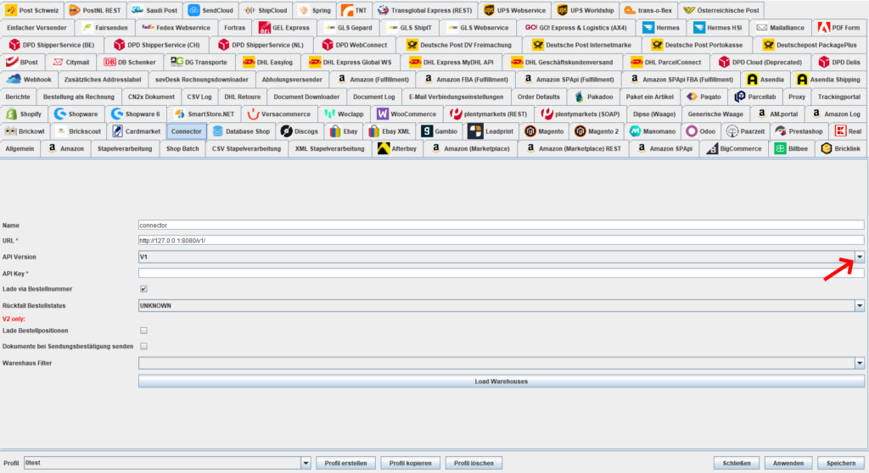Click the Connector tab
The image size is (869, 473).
[186, 131]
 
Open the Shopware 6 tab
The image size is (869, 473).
[136, 114]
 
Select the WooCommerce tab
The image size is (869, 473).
[406, 114]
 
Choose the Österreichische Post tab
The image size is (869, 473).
[721, 10]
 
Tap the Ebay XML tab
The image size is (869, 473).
[389, 131]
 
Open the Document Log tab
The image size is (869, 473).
[374, 97]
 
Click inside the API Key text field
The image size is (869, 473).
[501, 273]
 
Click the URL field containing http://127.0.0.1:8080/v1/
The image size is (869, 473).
[501, 241]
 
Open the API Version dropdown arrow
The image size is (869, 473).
[859, 257]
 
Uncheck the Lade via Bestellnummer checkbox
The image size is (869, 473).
[143, 289]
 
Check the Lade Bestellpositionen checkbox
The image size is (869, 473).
[143, 331]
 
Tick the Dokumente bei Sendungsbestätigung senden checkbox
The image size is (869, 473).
[143, 346]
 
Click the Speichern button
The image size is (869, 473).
[841, 463]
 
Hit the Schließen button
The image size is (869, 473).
[737, 463]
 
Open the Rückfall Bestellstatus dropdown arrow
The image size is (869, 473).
[859, 306]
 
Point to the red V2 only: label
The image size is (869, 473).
[14, 319]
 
